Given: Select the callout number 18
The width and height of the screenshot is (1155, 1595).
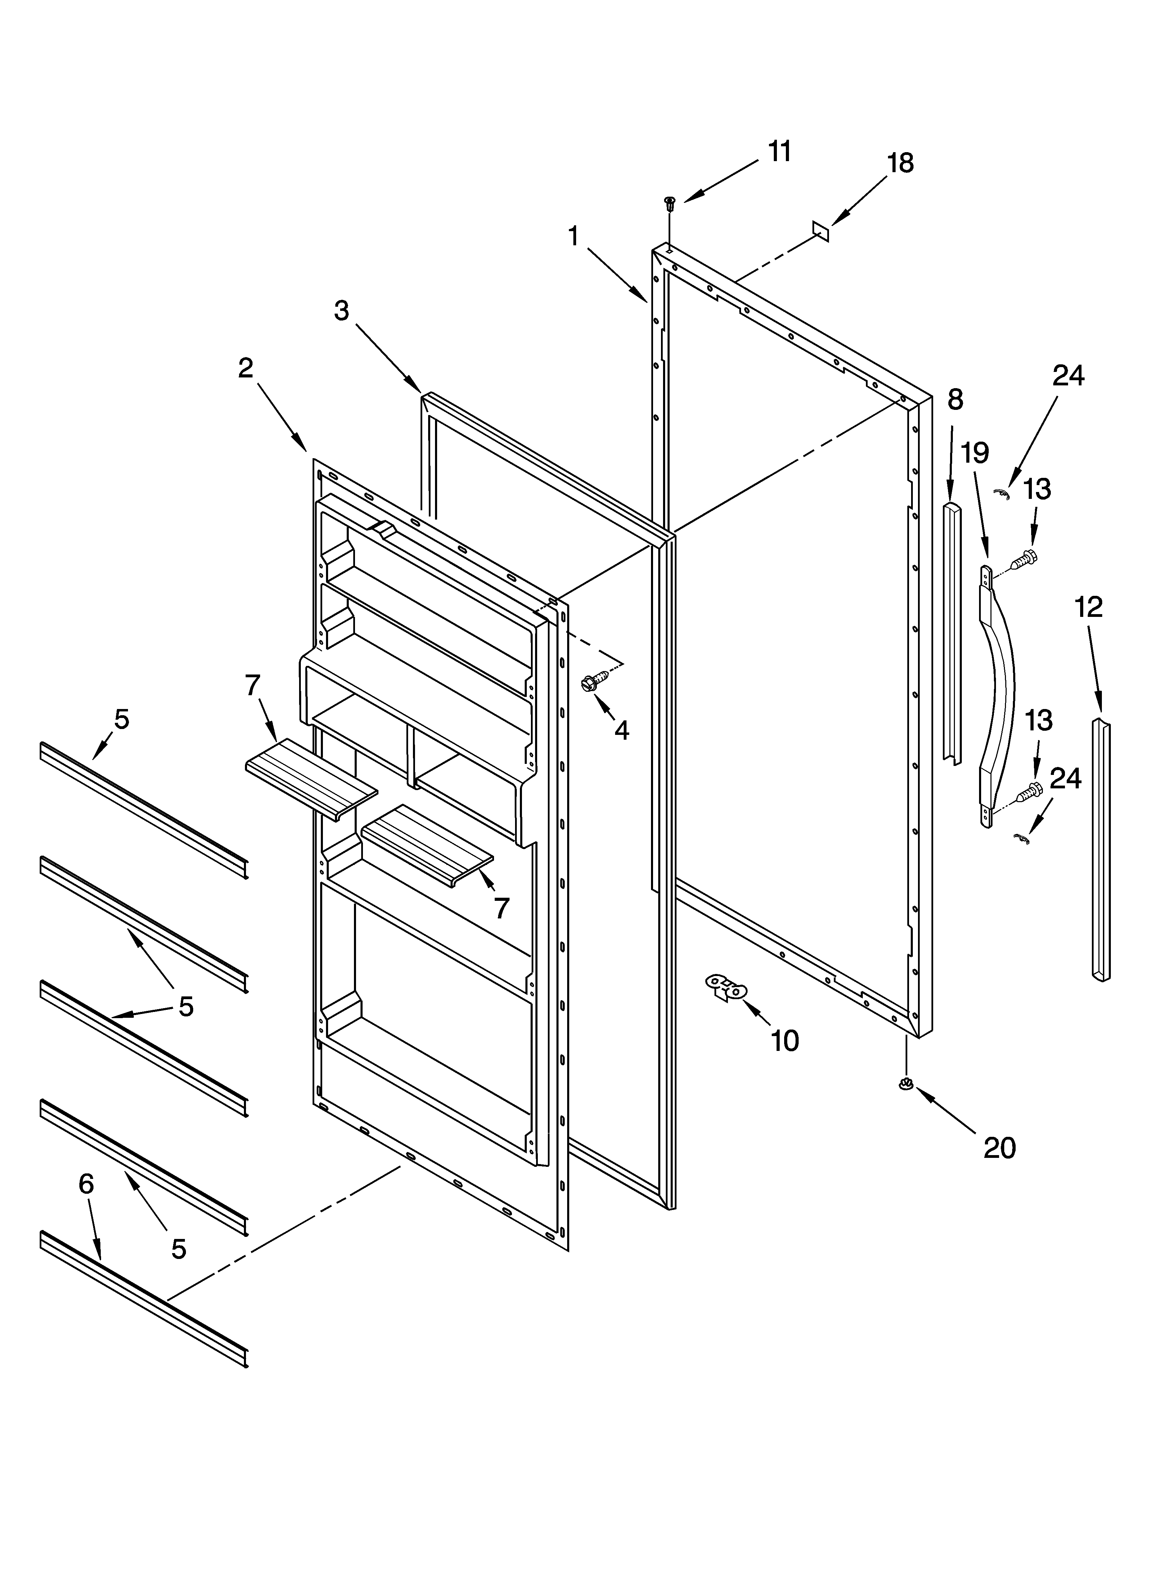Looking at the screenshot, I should pyautogui.click(x=900, y=163).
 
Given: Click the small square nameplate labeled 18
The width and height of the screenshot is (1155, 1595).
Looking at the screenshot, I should pyautogui.click(x=820, y=231).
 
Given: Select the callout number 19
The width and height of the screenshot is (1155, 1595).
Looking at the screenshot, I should pyautogui.click(x=976, y=454).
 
